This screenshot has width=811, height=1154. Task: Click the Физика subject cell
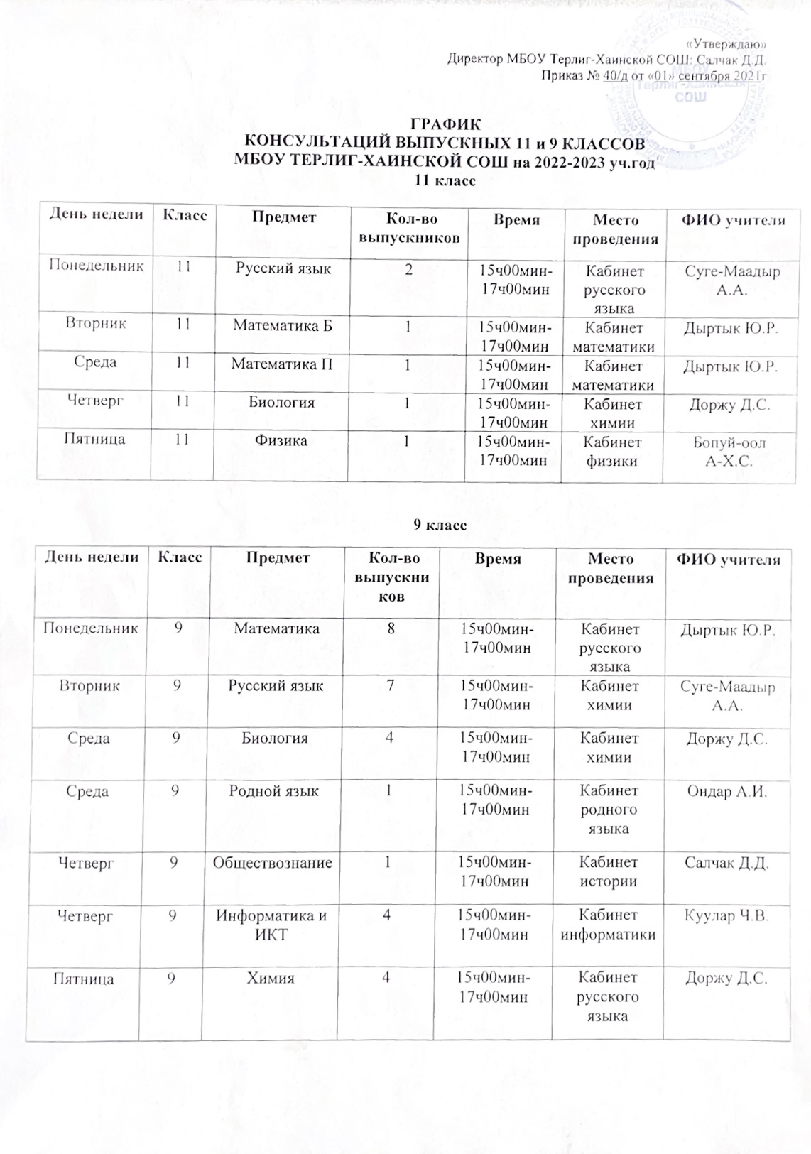pos(282,441)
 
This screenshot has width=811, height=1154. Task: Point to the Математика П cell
pos(282,364)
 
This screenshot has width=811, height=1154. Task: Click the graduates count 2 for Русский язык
pos(407,270)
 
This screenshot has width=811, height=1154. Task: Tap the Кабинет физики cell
pos(611,452)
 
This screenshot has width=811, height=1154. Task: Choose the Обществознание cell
pos(273,863)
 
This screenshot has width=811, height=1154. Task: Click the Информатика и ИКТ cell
pos(271,925)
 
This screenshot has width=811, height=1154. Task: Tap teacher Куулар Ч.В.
pos(726,915)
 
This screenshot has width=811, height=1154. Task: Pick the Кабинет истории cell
pos(609,872)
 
